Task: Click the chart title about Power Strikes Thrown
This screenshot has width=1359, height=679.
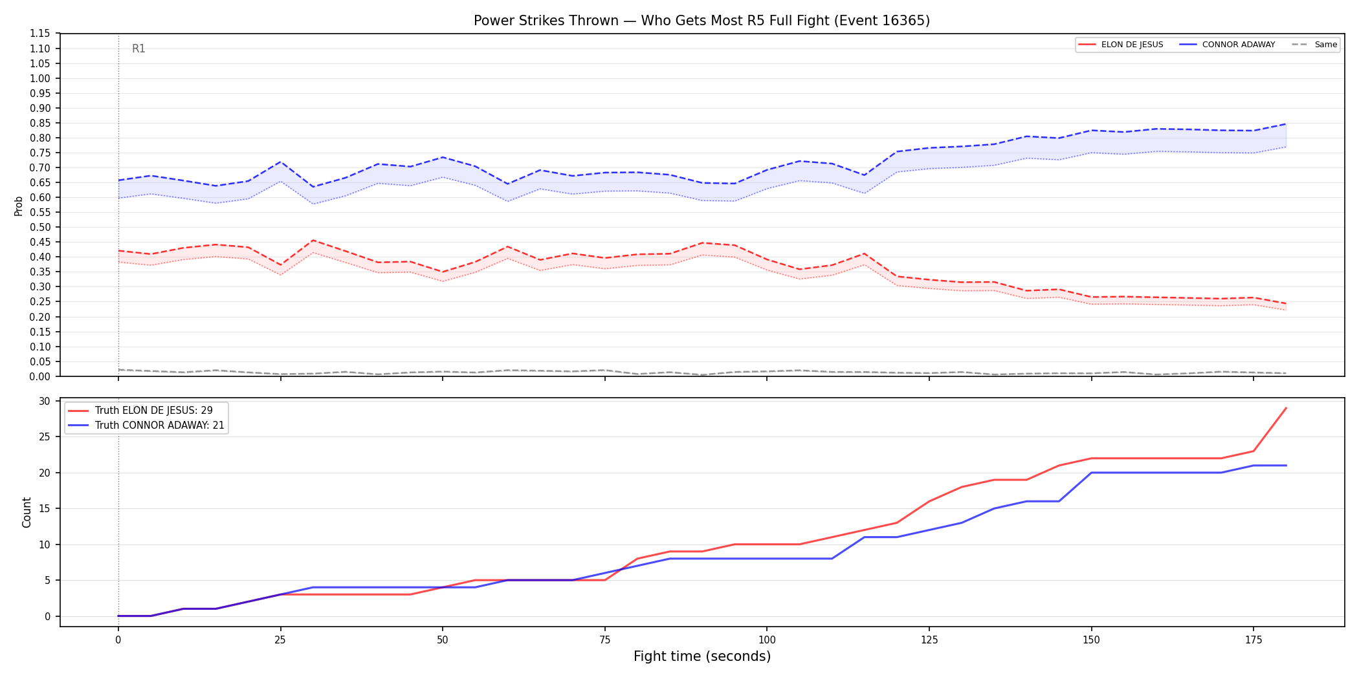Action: pyautogui.click(x=702, y=21)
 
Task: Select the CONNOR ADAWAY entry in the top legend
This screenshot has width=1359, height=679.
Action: pyautogui.click(x=1227, y=45)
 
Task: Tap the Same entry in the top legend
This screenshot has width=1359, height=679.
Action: pyautogui.click(x=1314, y=45)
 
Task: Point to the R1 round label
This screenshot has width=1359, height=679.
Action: pyautogui.click(x=138, y=48)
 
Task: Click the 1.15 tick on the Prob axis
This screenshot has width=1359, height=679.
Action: pyautogui.click(x=40, y=34)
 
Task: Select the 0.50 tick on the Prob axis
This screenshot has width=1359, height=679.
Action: pyautogui.click(x=40, y=227)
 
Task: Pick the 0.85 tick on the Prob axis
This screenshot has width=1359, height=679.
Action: pyautogui.click(x=40, y=123)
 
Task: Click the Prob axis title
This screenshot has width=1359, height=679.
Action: pyautogui.click(x=19, y=206)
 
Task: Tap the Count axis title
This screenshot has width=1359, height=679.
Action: pyautogui.click(x=27, y=512)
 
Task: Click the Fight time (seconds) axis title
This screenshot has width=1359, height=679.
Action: pyautogui.click(x=702, y=656)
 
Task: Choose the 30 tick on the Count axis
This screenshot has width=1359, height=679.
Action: pyautogui.click(x=45, y=401)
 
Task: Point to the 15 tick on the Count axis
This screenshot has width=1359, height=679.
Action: pyautogui.click(x=45, y=508)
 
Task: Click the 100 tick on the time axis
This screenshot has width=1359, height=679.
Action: pyautogui.click(x=767, y=640)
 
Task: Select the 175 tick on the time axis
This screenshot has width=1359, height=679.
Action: pyautogui.click(x=1254, y=640)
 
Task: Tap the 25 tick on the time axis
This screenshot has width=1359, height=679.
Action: pyautogui.click(x=280, y=640)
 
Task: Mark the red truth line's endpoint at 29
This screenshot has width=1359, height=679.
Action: pyautogui.click(x=1286, y=408)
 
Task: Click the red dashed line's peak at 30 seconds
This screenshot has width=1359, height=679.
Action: pyautogui.click(x=313, y=241)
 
